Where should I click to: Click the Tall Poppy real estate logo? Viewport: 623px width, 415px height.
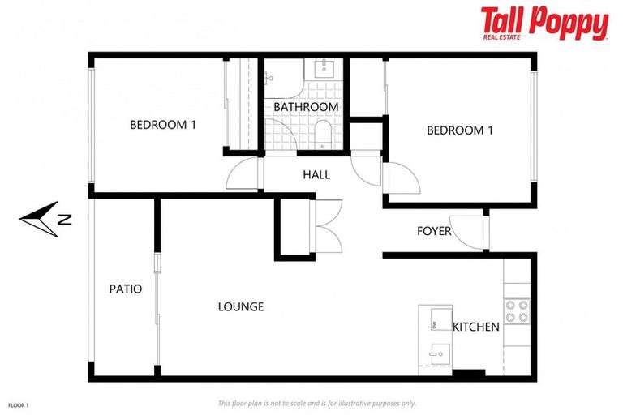click(544, 24)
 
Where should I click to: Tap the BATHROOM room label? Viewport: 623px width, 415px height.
click(306, 107)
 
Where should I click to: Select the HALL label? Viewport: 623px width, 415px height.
click(316, 174)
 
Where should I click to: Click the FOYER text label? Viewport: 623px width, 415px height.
click(434, 231)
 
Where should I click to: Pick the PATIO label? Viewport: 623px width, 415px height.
click(126, 289)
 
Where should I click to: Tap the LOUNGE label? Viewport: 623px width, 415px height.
click(241, 307)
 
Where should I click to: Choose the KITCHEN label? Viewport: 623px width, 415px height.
click(476, 327)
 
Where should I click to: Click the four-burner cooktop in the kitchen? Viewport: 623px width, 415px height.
click(517, 311)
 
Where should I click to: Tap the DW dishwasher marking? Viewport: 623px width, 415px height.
click(435, 325)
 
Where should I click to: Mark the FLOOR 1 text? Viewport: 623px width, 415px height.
click(18, 404)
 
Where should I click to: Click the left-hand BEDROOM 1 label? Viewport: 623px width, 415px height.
click(163, 125)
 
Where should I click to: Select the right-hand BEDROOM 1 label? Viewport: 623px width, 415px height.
click(460, 130)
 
